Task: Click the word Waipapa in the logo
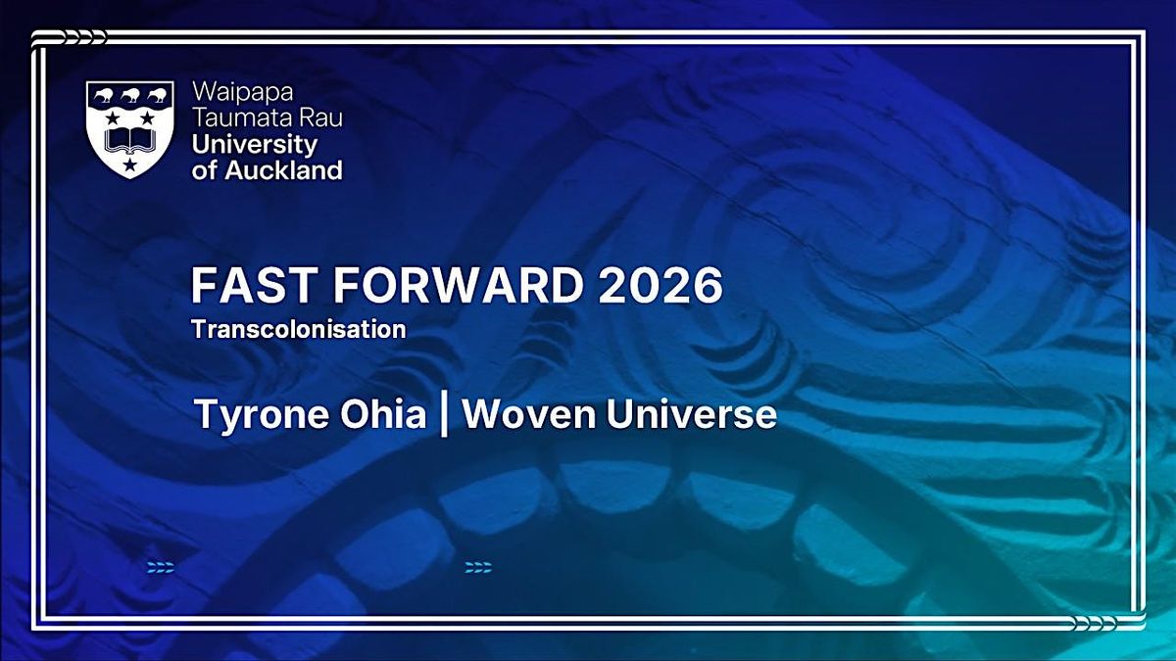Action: (243, 93)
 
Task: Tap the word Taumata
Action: (238, 118)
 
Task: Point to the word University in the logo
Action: (255, 145)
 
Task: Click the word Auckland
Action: (284, 170)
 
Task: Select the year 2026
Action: (661, 285)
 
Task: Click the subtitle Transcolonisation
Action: (299, 329)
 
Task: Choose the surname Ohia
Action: (383, 413)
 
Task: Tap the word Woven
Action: (528, 414)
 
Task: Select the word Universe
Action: (692, 414)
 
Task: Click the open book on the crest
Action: (130, 140)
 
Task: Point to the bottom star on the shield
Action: (129, 165)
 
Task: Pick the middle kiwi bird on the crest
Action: (129, 96)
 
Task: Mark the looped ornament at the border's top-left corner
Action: (70, 38)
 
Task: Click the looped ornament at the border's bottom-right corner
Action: (1106, 623)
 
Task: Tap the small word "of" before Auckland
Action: (205, 171)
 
